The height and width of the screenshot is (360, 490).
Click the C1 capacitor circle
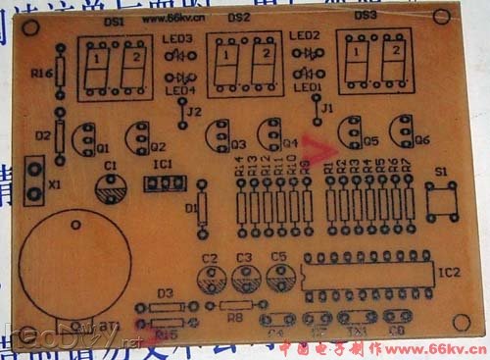(111, 186)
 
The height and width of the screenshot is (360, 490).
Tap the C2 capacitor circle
(210, 278)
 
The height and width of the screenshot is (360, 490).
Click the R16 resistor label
(40, 74)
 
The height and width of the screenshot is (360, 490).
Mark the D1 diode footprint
(203, 208)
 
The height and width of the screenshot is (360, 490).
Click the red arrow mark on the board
(316, 149)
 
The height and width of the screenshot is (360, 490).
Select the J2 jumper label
(194, 111)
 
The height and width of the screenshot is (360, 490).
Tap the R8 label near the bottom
(235, 317)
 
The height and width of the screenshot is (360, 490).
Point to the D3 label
(166, 293)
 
